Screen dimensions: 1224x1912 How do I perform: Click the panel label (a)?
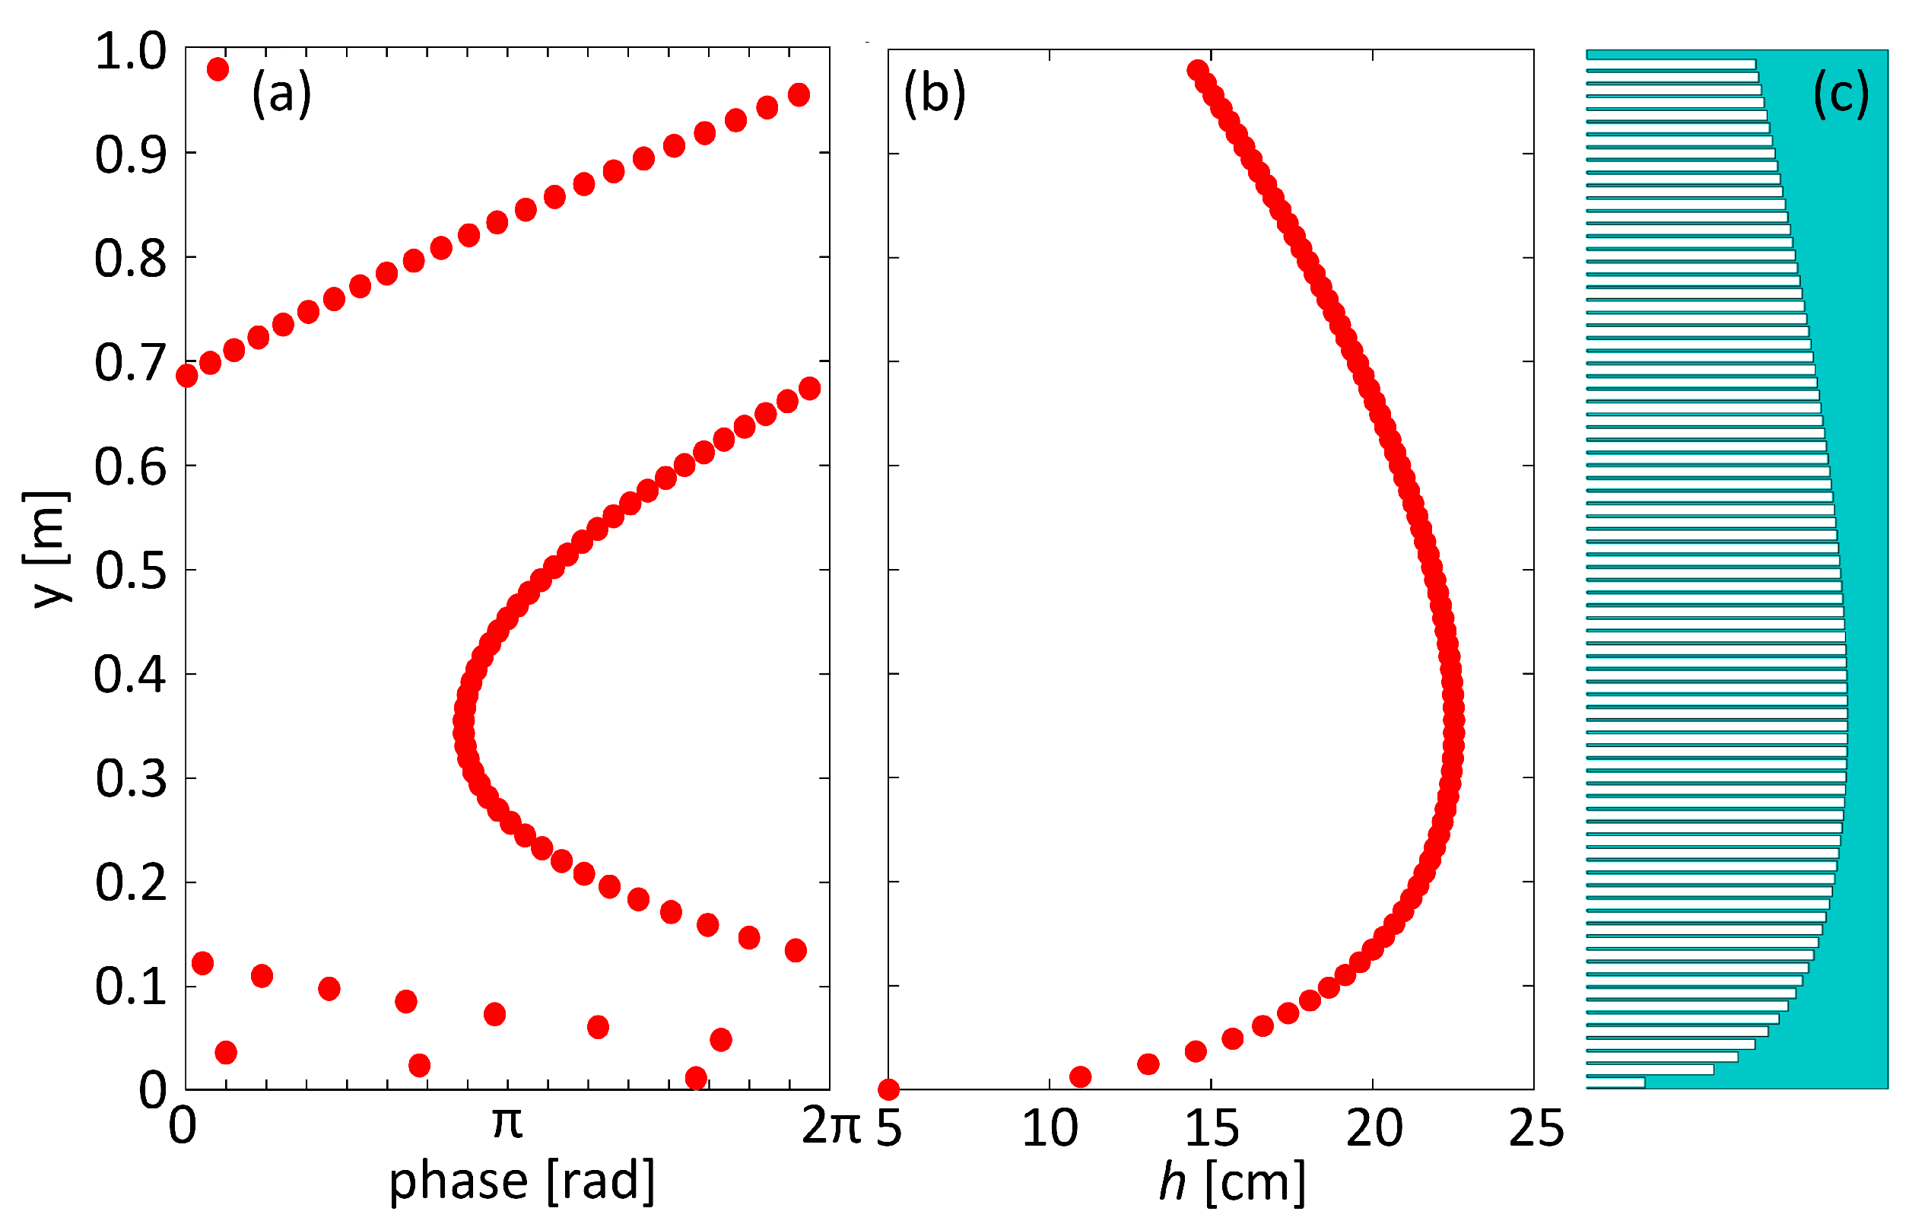click(x=281, y=94)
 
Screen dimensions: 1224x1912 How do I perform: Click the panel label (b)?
click(x=935, y=94)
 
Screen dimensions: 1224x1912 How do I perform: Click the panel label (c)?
click(x=1841, y=94)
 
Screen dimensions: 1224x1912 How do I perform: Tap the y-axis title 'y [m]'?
click(x=46, y=549)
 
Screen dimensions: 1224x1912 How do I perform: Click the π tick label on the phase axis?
click(x=507, y=1123)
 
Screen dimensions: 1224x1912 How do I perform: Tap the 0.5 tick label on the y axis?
click(x=130, y=571)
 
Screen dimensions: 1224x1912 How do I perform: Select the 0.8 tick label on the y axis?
click(x=130, y=259)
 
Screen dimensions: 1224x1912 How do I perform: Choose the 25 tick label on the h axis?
click(x=1536, y=1127)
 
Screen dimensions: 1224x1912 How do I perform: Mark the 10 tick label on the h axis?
click(x=1050, y=1127)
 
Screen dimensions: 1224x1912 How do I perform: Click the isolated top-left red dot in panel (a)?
click(x=218, y=69)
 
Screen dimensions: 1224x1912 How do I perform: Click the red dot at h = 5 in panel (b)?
click(x=888, y=1089)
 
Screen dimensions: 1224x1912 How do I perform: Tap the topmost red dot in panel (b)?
click(x=1197, y=70)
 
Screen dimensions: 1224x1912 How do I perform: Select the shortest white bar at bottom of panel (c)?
click(x=1615, y=1083)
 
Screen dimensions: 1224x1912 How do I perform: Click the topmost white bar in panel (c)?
click(x=1670, y=64)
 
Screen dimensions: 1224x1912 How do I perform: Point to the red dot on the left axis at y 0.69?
click(x=187, y=375)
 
